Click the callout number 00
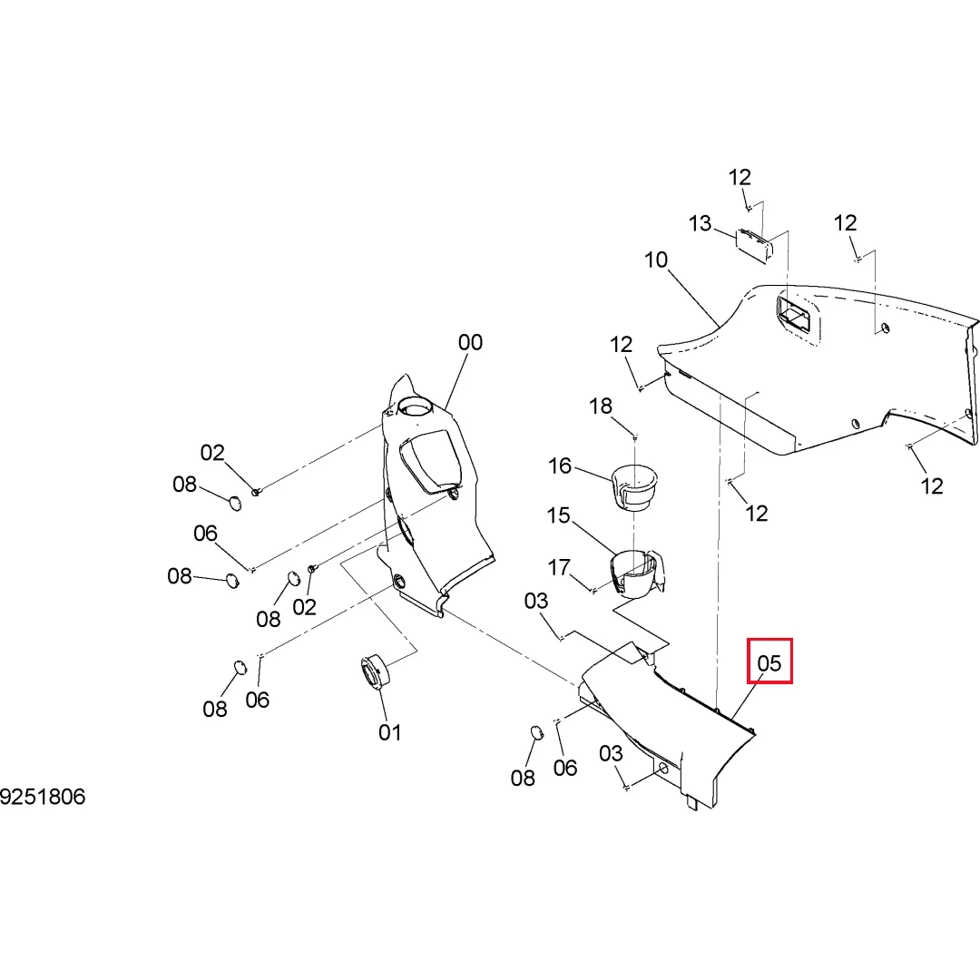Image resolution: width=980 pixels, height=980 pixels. [x=470, y=342]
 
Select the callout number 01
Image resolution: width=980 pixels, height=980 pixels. [x=389, y=732]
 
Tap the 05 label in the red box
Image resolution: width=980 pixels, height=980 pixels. [x=769, y=663]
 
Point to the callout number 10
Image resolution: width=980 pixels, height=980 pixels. [x=656, y=260]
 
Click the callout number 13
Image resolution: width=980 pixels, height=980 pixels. [x=700, y=224]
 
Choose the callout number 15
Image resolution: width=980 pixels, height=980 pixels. [x=558, y=515]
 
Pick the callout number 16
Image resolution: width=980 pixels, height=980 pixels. [x=559, y=465]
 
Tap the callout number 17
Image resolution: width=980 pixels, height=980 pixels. [x=559, y=567]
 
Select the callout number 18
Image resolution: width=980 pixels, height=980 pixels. [x=600, y=407]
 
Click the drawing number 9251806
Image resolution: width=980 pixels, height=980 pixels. [x=43, y=797]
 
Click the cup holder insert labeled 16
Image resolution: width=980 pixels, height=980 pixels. [x=634, y=487]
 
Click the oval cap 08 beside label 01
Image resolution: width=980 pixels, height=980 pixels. [x=240, y=668]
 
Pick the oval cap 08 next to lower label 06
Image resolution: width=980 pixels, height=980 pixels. [x=536, y=733]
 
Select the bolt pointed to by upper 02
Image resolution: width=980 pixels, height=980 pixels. [x=256, y=492]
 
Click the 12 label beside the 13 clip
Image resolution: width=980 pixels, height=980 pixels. [x=740, y=178]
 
